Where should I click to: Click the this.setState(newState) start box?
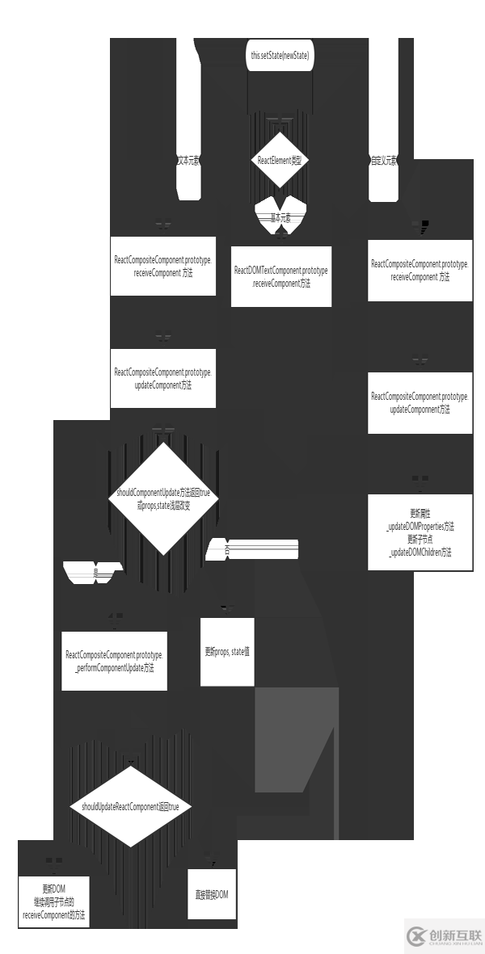coord(280,57)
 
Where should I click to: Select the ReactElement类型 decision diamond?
coord(280,160)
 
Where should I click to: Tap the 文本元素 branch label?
coord(188,160)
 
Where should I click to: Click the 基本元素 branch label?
coord(280,219)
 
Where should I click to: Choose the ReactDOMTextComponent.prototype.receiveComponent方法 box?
coord(280,276)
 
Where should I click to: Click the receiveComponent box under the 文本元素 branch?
coord(163,266)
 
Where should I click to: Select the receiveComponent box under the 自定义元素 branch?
coord(420,270)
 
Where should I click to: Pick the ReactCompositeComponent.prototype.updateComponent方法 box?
coord(163,378)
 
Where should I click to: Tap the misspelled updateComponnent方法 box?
coord(420,402)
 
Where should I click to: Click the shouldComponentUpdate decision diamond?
coord(163,498)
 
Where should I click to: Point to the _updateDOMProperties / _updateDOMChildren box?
coord(420,532)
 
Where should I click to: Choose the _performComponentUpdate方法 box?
coord(115,661)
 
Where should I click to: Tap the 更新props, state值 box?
coord(227,650)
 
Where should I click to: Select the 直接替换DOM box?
coord(212,894)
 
